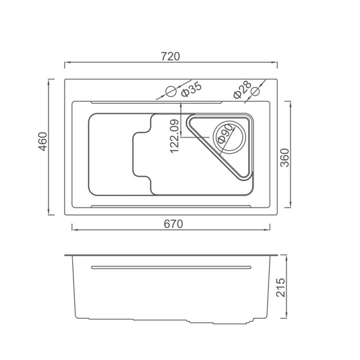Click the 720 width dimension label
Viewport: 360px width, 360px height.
(x=171, y=57)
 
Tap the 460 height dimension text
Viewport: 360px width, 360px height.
(x=43, y=142)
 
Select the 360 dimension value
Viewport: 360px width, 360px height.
(x=285, y=158)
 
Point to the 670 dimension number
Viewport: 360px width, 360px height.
(x=173, y=224)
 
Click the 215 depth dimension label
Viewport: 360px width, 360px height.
(x=280, y=287)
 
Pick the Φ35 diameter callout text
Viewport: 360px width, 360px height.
(x=191, y=90)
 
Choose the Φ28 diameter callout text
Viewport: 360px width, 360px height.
(x=242, y=90)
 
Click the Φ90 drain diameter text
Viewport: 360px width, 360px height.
(x=225, y=134)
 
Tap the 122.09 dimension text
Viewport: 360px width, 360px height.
(x=174, y=136)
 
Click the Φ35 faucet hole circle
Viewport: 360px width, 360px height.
(x=171, y=92)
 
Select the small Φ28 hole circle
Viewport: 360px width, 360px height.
(x=255, y=91)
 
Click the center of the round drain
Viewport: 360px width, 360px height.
(x=229, y=138)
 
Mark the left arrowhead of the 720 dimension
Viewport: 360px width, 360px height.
(x=67, y=62)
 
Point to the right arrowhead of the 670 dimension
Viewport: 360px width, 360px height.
(x=267, y=229)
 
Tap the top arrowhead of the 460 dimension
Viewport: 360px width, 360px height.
(x=49, y=82)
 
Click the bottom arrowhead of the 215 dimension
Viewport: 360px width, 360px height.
(x=287, y=316)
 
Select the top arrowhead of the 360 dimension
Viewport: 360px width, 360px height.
(x=291, y=104)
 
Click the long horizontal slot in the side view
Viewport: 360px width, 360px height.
(x=171, y=267)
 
